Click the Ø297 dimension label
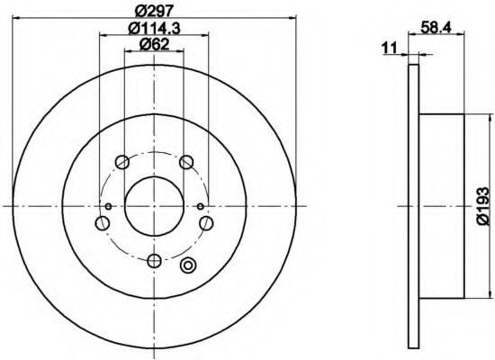154,10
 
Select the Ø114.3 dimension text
154,28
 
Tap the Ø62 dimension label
154,44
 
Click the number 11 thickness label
389,48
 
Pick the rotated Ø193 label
485,205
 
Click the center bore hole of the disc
154,206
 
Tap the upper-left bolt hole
122,162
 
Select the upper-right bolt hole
186,162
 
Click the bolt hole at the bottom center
155,260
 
